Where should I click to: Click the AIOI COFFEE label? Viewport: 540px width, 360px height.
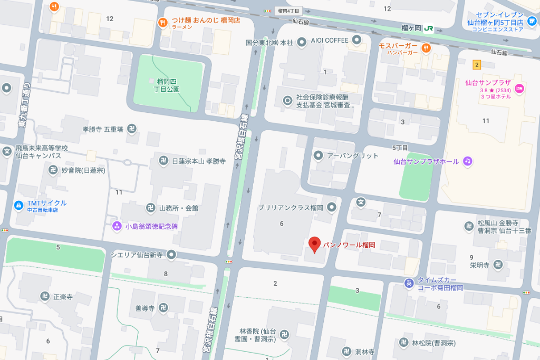[330, 41]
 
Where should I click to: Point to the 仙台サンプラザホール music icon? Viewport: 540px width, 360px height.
[467, 161]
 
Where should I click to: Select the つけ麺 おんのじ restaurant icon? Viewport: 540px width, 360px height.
[162, 22]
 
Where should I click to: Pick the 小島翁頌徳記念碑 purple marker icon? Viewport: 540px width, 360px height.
[117, 226]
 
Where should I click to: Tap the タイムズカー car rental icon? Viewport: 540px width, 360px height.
[409, 284]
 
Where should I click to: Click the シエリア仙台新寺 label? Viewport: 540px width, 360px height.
[137, 255]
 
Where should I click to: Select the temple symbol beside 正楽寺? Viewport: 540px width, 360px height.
[45, 297]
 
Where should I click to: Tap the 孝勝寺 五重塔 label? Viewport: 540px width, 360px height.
[103, 129]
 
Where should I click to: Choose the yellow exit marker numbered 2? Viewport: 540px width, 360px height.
[477, 65]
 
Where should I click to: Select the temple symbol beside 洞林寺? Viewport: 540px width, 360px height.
[346, 352]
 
